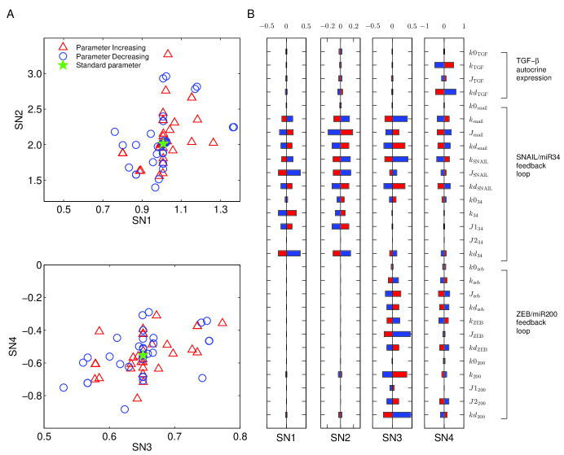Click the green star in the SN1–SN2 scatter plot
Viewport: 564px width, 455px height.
pos(163,143)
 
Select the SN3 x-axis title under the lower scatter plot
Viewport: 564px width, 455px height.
pos(141,447)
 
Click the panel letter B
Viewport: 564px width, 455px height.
pos(250,15)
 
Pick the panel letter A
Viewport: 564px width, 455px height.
pos(10,15)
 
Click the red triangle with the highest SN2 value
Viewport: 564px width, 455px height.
pos(168,54)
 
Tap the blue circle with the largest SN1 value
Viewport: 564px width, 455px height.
pos(234,127)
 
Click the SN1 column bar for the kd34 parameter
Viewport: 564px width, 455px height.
pos(289,253)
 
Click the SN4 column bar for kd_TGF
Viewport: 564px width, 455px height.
pos(444,92)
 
